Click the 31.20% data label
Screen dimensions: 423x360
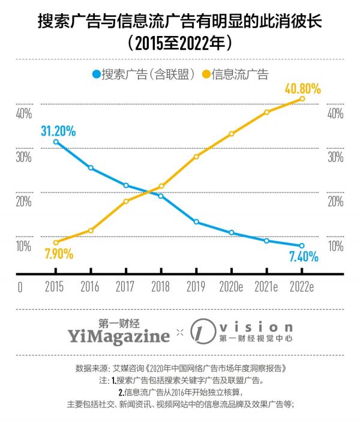(58, 131)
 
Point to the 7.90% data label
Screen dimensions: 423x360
(58, 254)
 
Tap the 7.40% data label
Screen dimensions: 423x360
(303, 257)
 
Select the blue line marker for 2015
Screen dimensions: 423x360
(56, 142)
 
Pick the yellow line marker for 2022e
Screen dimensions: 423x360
(302, 98)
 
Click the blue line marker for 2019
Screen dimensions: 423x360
(196, 222)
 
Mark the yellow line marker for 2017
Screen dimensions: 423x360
(126, 201)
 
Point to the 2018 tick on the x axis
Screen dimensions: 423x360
(161, 287)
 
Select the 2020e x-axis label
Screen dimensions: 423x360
(232, 287)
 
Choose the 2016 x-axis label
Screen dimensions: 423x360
(91, 287)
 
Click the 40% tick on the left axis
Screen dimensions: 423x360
(24, 114)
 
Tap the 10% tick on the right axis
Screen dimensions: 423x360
(335, 246)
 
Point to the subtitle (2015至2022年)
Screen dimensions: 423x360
(180, 43)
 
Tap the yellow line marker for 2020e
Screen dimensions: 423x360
(232, 133)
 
